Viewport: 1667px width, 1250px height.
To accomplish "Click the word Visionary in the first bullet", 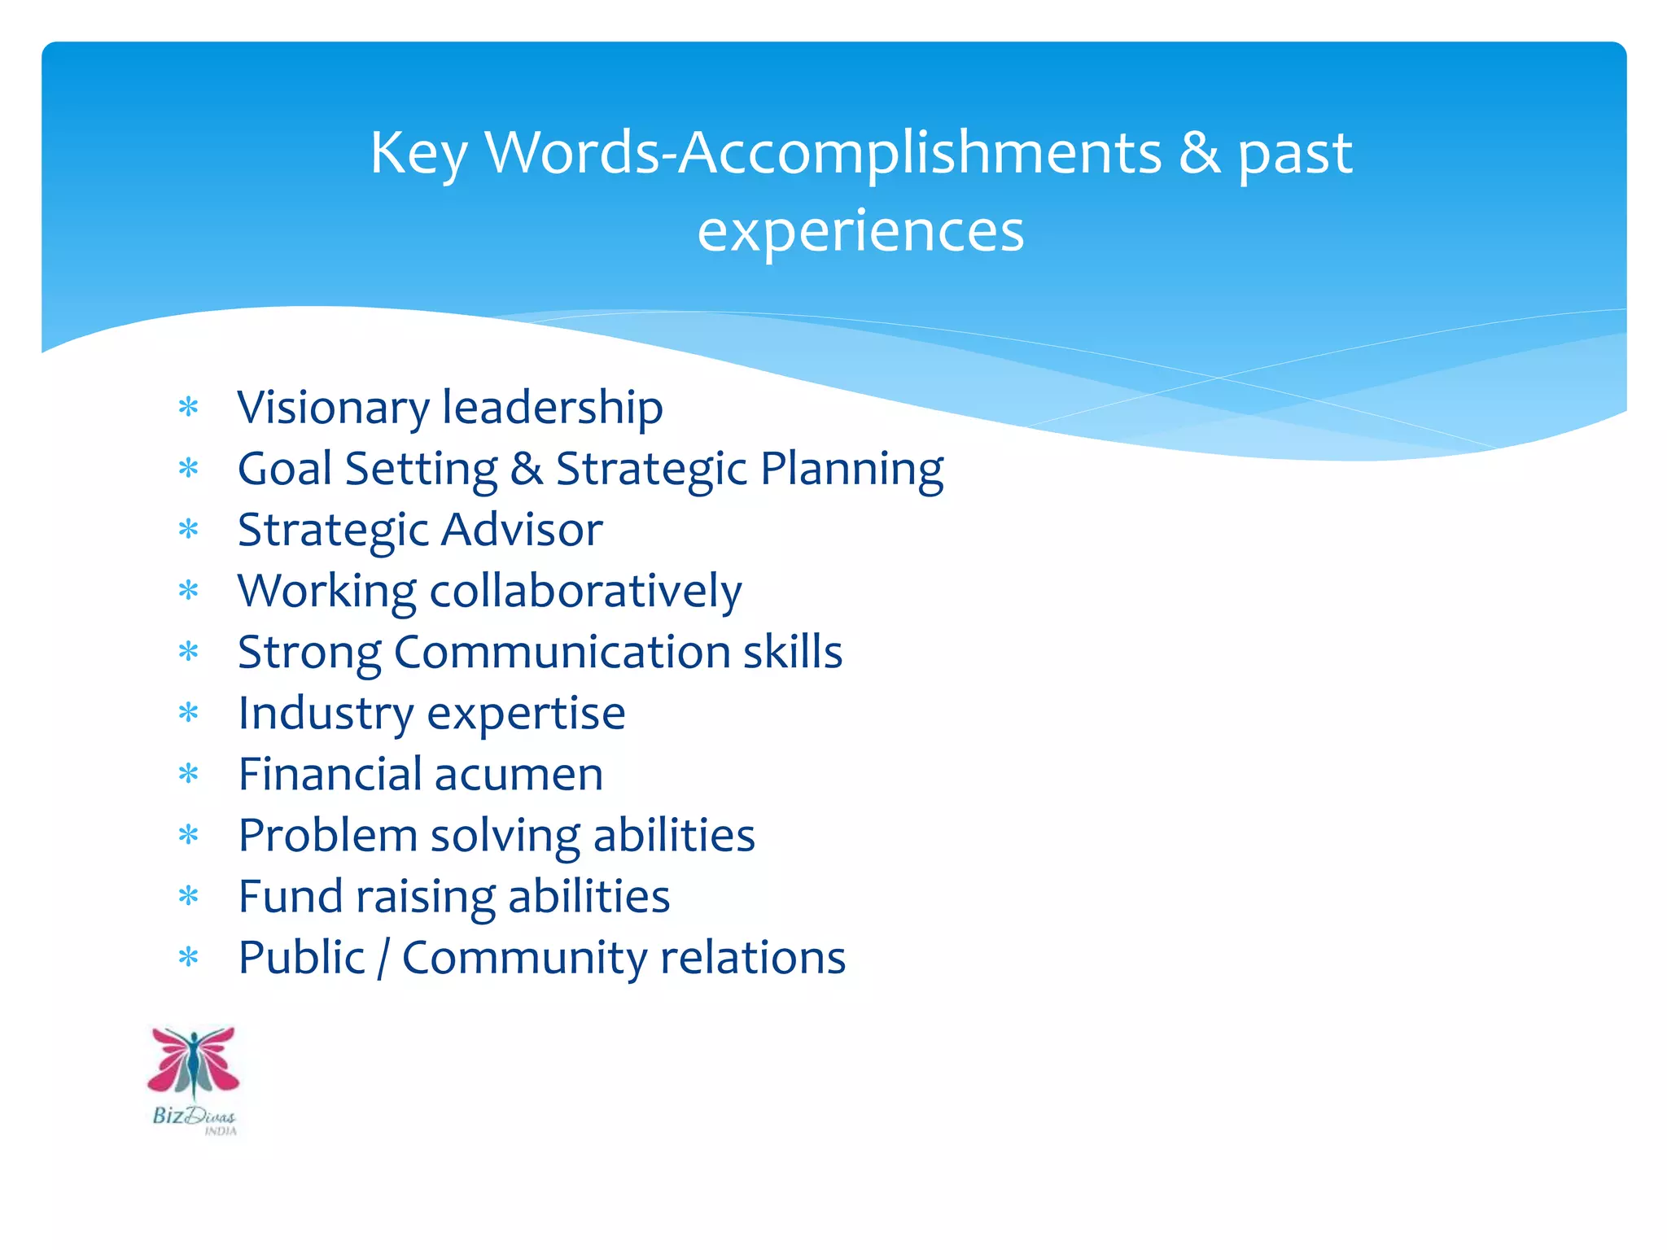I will [333, 408].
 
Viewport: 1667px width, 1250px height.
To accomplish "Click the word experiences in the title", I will [860, 231].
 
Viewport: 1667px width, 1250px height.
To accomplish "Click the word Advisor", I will [522, 530].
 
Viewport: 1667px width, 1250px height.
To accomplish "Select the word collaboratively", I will [585, 591].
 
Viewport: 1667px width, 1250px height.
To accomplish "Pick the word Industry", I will [326, 714].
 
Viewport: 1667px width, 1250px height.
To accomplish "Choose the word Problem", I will [327, 836].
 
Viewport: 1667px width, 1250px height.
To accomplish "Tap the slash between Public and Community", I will [383, 959].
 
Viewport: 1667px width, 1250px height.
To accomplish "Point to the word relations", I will [753, 958].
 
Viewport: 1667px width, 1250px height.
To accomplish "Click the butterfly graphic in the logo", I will [194, 1061].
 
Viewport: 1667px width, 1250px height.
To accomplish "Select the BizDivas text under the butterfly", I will [194, 1117].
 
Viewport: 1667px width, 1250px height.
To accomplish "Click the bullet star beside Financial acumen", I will [189, 774].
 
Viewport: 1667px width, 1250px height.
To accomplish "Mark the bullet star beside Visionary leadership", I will [189, 407].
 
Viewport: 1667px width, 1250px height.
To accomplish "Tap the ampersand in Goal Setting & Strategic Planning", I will [527, 469].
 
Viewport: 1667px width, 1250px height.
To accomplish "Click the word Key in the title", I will [418, 154].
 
